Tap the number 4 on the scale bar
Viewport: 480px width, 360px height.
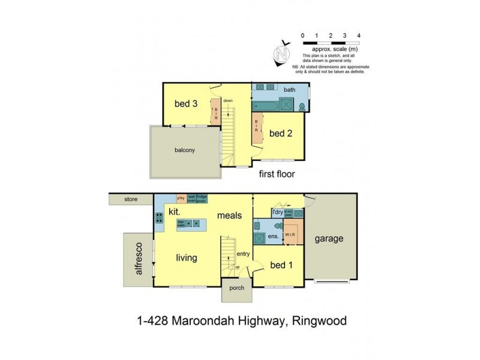(x=358, y=36)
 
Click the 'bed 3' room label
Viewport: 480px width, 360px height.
(x=186, y=103)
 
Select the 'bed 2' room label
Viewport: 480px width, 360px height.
(x=280, y=133)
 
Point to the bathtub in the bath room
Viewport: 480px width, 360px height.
(x=266, y=107)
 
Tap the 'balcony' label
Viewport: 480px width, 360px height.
(x=186, y=150)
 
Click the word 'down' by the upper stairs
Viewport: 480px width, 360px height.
(x=228, y=101)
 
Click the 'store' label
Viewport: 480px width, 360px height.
(x=131, y=199)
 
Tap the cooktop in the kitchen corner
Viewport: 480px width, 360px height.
(x=159, y=218)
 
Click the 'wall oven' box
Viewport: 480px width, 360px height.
(x=192, y=199)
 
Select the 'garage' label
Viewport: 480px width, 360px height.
(x=329, y=238)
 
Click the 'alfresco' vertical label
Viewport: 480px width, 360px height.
(x=137, y=258)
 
